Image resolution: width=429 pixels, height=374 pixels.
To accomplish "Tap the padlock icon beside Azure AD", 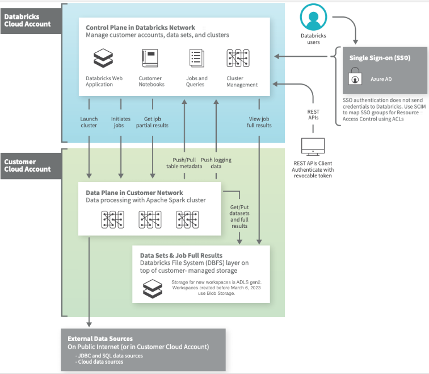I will coord(355,77).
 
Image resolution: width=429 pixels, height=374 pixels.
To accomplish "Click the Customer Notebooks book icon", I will coord(150,59).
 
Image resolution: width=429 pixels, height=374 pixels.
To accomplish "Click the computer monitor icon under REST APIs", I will coord(313,145).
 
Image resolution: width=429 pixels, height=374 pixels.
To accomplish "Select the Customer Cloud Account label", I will coord(27,165).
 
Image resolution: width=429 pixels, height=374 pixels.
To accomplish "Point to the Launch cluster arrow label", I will coord(89,122).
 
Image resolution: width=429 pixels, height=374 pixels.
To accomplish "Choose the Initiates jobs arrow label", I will coord(121,122).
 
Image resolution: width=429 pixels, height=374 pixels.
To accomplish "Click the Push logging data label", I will coord(216,164).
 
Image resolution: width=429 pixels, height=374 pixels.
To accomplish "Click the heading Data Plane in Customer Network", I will coord(134,193).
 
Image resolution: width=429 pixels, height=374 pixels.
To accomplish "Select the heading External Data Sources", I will coord(100,339).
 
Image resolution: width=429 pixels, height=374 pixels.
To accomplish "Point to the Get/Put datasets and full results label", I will coord(239,217).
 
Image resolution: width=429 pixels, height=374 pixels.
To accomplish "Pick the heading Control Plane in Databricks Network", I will coord(140,27).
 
